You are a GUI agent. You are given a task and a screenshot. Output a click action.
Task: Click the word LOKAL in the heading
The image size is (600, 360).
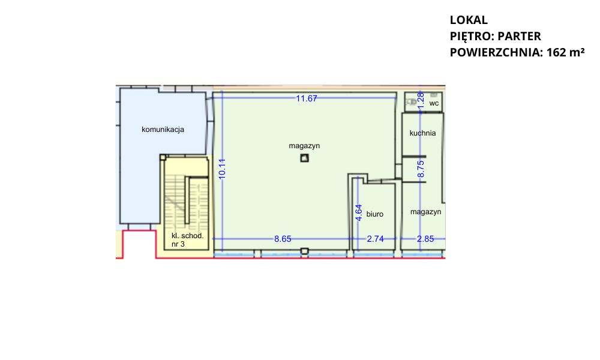coord(469,20)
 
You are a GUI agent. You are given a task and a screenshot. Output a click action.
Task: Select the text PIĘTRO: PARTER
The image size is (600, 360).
coord(495,36)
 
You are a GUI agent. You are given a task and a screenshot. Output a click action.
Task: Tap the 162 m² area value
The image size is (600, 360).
coord(566,52)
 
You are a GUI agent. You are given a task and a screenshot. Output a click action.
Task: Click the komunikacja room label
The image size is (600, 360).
coord(163,130)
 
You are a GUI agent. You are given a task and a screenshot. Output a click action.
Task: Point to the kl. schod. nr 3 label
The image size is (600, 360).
coord(187,240)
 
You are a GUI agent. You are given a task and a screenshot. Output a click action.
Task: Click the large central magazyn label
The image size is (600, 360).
coord(304,146)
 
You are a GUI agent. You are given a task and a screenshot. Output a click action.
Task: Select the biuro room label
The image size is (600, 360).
coord(374,214)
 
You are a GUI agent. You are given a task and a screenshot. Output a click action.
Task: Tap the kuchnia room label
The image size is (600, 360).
coord(422,133)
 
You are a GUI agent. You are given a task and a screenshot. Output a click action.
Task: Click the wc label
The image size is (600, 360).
coord(434,103)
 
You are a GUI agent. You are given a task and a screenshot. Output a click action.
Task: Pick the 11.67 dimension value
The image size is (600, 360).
coord(307,98)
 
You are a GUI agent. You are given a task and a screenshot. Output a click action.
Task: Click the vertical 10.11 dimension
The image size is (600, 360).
coord(222,169)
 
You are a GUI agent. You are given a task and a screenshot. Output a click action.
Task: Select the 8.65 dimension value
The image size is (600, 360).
coord(283,239)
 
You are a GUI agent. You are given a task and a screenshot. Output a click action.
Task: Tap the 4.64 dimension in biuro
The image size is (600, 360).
coord(359,213)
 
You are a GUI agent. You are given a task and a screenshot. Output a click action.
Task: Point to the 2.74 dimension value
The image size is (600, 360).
coord(375,239)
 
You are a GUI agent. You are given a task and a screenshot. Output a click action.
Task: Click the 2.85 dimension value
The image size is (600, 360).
coord(425,239)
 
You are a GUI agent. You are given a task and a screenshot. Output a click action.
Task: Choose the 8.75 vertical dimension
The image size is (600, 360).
coord(421,169)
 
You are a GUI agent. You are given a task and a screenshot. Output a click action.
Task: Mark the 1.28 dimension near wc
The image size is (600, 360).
coord(421,100)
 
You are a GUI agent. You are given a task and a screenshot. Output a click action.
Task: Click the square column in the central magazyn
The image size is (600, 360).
coord(304,158)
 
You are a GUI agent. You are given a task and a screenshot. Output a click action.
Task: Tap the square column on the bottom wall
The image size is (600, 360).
coord(304,251)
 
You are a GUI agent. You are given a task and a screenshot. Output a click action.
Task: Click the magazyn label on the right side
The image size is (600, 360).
coord(425,212)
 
